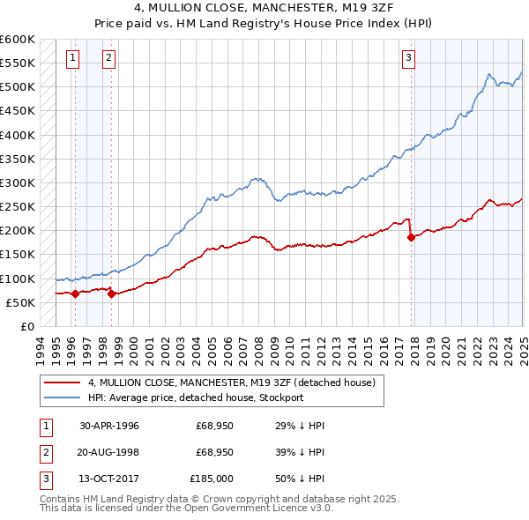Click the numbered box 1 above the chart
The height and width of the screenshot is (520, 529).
[x=71, y=59]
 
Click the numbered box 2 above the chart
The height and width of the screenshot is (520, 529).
[x=108, y=59]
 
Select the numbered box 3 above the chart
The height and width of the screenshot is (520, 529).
[x=408, y=59]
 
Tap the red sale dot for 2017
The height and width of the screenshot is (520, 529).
[x=411, y=237]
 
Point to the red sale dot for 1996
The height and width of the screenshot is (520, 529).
[x=75, y=293]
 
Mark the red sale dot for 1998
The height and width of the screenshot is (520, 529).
[x=111, y=293]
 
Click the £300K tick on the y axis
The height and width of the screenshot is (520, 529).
[x=18, y=182]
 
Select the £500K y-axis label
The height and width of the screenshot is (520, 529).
[x=18, y=86]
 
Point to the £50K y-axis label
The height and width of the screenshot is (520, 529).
[x=20, y=302]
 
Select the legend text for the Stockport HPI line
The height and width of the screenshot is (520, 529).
[x=195, y=397]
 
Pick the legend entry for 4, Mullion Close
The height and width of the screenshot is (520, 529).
[x=232, y=383]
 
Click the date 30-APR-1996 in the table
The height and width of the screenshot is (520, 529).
[x=109, y=426]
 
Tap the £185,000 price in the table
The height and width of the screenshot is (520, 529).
[x=212, y=479]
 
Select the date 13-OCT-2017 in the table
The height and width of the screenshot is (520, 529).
[x=109, y=479]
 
